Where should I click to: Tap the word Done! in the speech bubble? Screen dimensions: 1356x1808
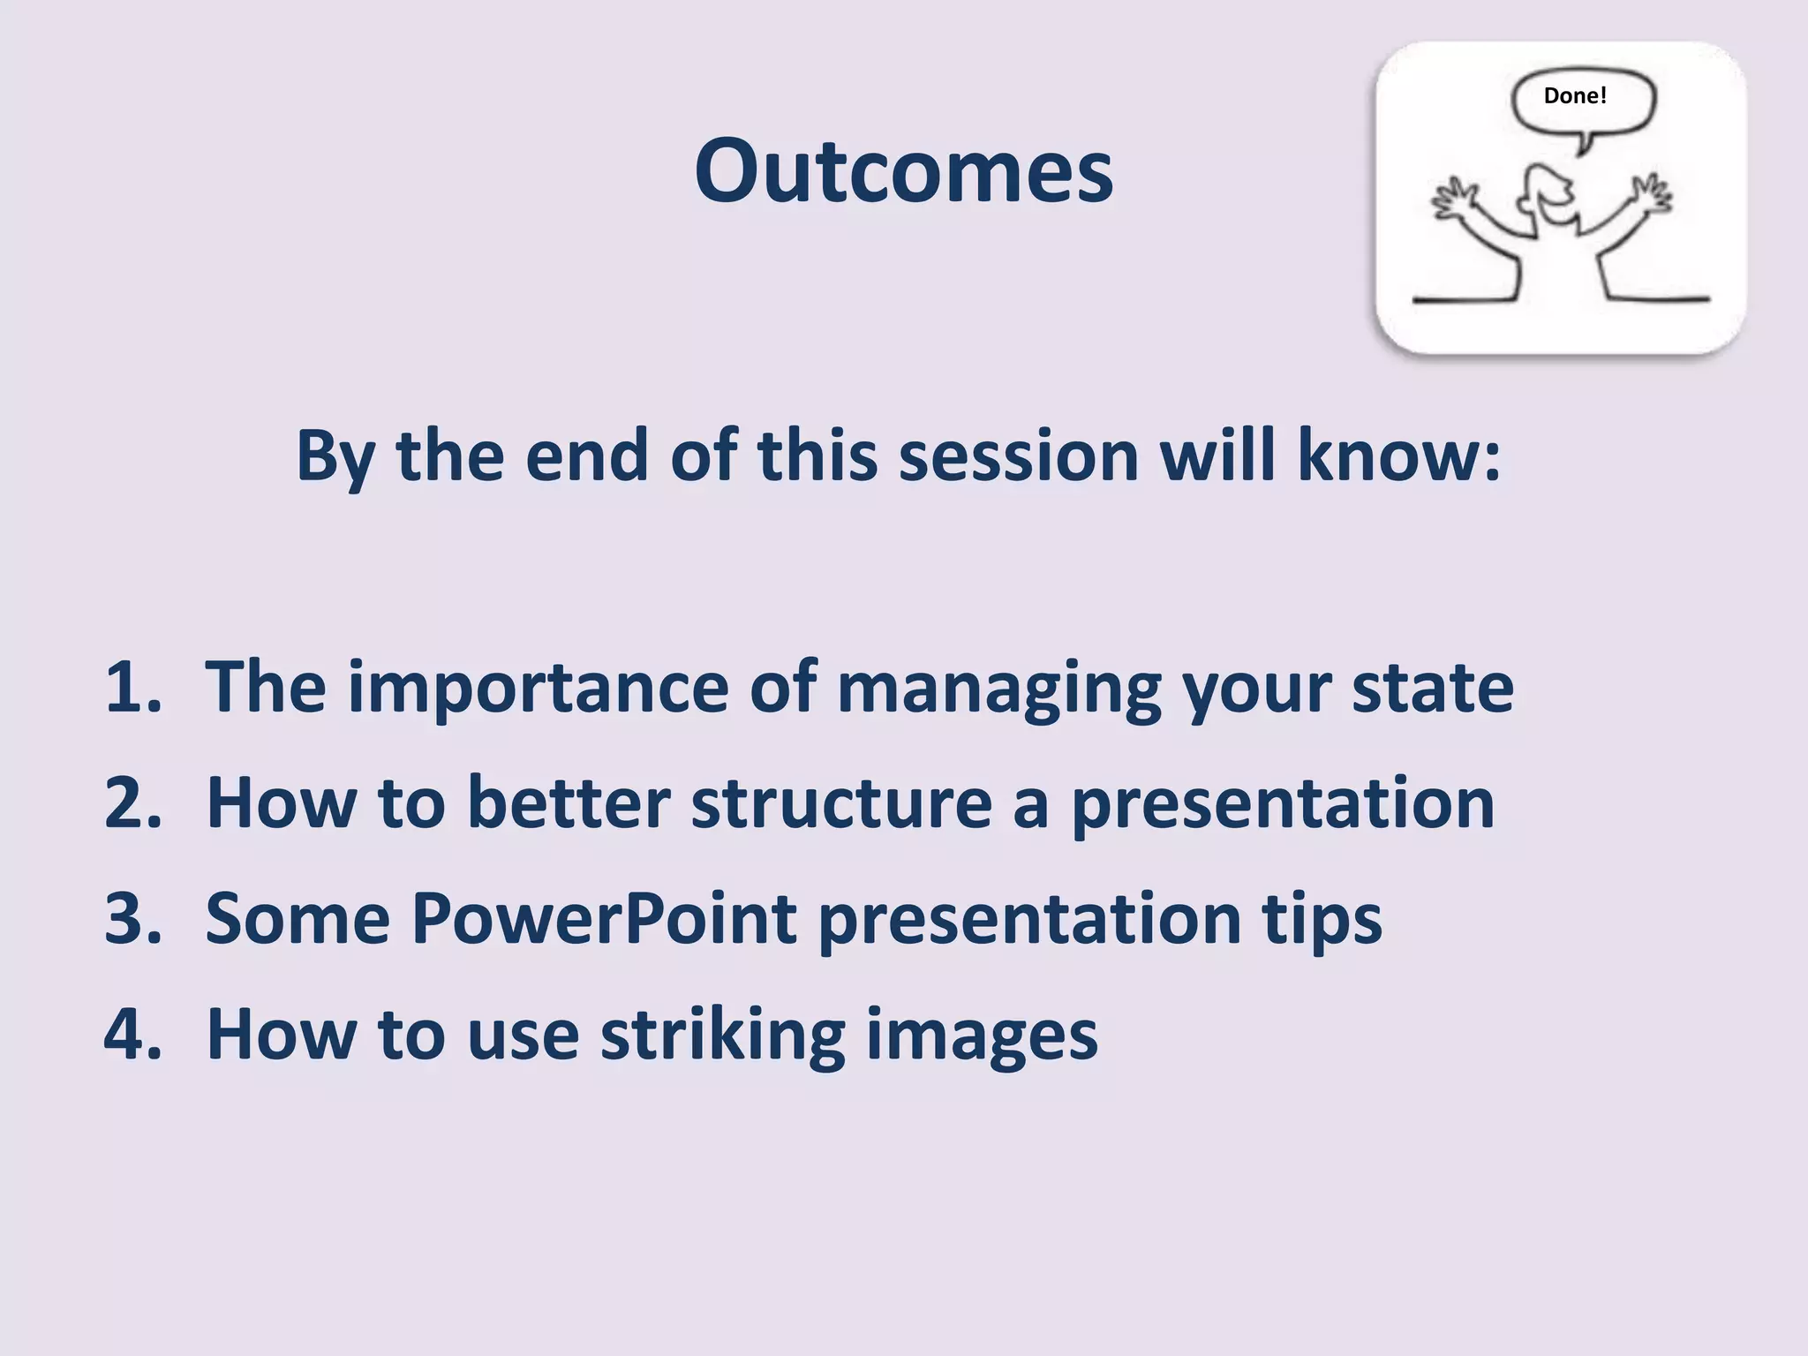tap(1575, 95)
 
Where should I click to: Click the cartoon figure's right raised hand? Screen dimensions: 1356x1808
tap(1649, 193)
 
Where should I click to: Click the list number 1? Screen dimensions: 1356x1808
tap(132, 687)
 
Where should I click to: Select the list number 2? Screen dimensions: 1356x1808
tap(132, 802)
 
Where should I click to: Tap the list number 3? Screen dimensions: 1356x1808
tap(132, 918)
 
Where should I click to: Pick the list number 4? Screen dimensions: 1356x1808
tap(132, 1034)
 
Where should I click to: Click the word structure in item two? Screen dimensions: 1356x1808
tap(841, 803)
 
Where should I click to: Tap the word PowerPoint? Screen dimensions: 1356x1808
tap(604, 918)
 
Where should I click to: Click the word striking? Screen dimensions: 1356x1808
tap(722, 1035)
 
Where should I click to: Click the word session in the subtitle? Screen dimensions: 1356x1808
tap(1019, 456)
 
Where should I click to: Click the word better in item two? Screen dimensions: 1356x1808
tap(568, 803)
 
